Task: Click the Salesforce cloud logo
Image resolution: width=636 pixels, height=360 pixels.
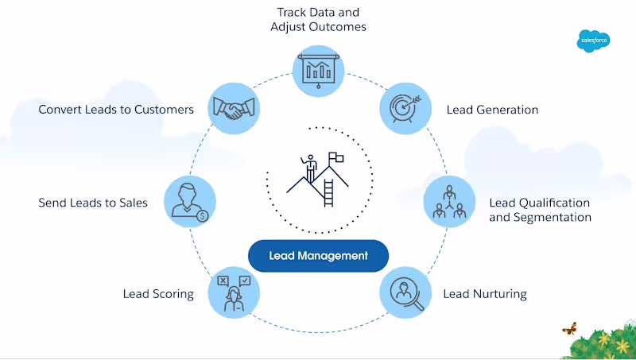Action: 593,40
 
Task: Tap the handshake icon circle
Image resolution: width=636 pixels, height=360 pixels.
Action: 235,108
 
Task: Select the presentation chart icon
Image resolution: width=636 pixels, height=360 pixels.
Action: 318,68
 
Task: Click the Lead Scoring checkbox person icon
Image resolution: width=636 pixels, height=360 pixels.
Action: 235,292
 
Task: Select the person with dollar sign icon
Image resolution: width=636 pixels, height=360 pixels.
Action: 190,202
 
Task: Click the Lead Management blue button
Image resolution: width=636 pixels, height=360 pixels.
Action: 318,256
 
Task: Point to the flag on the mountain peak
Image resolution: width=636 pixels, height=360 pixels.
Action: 336,158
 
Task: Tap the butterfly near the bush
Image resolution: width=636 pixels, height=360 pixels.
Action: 569,327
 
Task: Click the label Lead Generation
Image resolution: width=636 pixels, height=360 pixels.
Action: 492,110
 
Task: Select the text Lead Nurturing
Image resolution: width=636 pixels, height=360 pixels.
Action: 485,294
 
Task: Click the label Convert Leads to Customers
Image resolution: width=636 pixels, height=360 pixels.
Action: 116,110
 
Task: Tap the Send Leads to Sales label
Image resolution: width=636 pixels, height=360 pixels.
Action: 93,203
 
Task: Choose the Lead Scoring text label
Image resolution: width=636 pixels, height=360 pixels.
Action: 158,294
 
